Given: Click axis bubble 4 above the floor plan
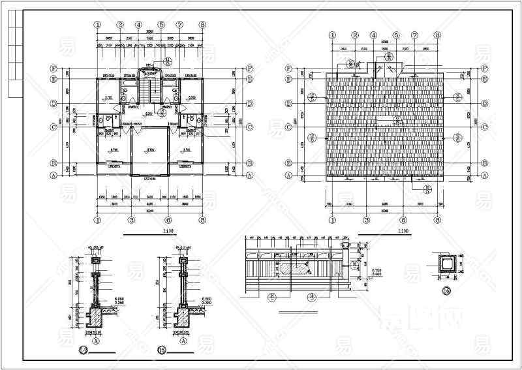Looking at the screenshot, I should pyautogui.click(x=139, y=25).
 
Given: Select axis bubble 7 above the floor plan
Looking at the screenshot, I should pyautogui.click(x=179, y=25).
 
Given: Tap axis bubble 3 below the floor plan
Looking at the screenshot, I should pyautogui.click(x=131, y=221).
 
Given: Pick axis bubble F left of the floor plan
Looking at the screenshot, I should pyautogui.click(x=54, y=67).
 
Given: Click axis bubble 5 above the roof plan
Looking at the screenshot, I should pyautogui.click(x=395, y=36).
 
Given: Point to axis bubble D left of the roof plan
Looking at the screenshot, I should pyautogui.click(x=289, y=104).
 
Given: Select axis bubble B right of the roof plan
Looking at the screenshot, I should pyautogui.click(x=485, y=163).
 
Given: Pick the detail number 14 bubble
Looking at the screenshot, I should pyautogui.click(x=83, y=350).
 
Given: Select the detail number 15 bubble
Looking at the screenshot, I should pyautogui.click(x=161, y=350).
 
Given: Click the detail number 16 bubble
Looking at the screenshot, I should pyautogui.click(x=447, y=290).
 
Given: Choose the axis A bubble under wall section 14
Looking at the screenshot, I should pyautogui.click(x=96, y=340).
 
